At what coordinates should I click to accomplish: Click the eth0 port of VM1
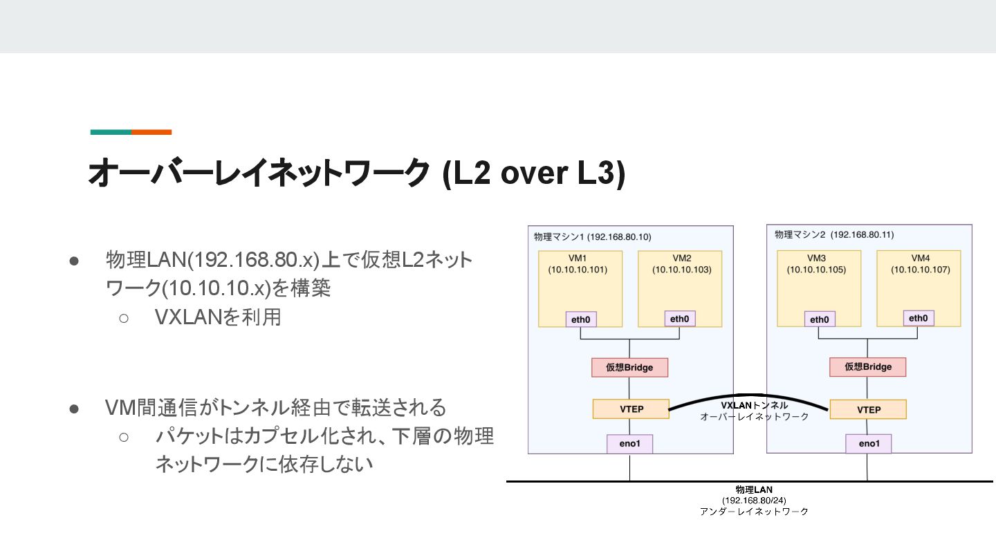pyautogui.click(x=581, y=319)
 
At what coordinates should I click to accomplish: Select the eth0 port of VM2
pyautogui.click(x=680, y=319)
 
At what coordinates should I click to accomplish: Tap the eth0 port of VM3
pyautogui.click(x=820, y=319)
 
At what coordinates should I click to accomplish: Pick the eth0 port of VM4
pyautogui.click(x=918, y=318)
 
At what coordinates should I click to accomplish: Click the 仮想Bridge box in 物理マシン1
pyautogui.click(x=629, y=367)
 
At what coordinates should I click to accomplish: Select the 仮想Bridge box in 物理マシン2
pyautogui.click(x=868, y=367)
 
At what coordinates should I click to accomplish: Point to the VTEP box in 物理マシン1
pyautogui.click(x=630, y=409)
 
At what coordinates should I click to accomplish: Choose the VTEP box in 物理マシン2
pyautogui.click(x=868, y=409)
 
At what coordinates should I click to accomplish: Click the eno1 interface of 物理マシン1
pyautogui.click(x=629, y=444)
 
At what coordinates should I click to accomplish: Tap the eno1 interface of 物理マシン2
pyautogui.click(x=868, y=444)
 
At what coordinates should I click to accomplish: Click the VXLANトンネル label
pyautogui.click(x=754, y=406)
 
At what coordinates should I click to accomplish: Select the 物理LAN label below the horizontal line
pyautogui.click(x=754, y=489)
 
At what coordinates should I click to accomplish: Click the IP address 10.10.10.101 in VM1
pyautogui.click(x=578, y=270)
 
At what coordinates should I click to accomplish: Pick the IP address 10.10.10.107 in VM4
pyautogui.click(x=921, y=269)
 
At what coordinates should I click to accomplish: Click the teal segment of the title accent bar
pyautogui.click(x=111, y=132)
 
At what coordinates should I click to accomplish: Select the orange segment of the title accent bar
pyautogui.click(x=151, y=132)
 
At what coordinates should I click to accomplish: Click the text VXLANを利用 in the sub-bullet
pyautogui.click(x=218, y=317)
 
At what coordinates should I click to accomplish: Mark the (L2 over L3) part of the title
pyautogui.click(x=533, y=173)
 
